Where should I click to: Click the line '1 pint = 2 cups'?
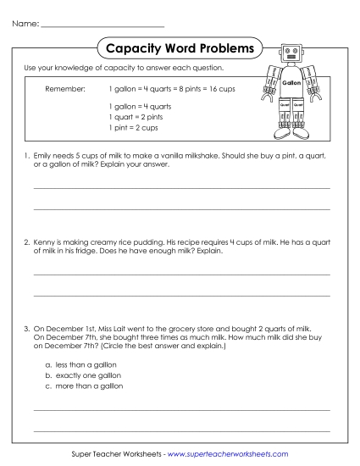(134, 127)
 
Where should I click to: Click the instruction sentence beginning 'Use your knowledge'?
(124, 68)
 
